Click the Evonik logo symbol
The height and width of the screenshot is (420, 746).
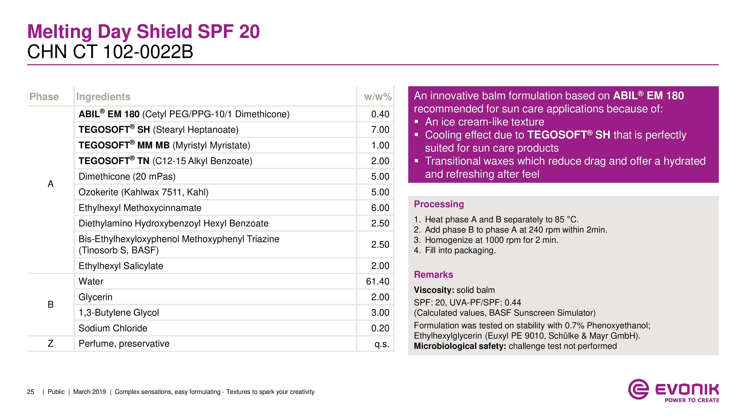click(x=638, y=389)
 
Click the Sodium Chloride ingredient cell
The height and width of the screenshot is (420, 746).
click(x=113, y=328)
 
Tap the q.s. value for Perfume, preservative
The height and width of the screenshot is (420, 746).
click(x=382, y=344)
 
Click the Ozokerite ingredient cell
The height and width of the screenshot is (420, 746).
click(x=143, y=192)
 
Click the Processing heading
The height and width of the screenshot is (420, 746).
click(x=439, y=204)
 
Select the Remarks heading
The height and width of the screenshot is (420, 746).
click(x=433, y=274)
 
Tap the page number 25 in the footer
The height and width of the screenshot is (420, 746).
click(x=30, y=392)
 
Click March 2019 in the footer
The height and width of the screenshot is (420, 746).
click(x=90, y=392)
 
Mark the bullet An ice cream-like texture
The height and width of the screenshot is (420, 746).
click(x=484, y=122)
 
